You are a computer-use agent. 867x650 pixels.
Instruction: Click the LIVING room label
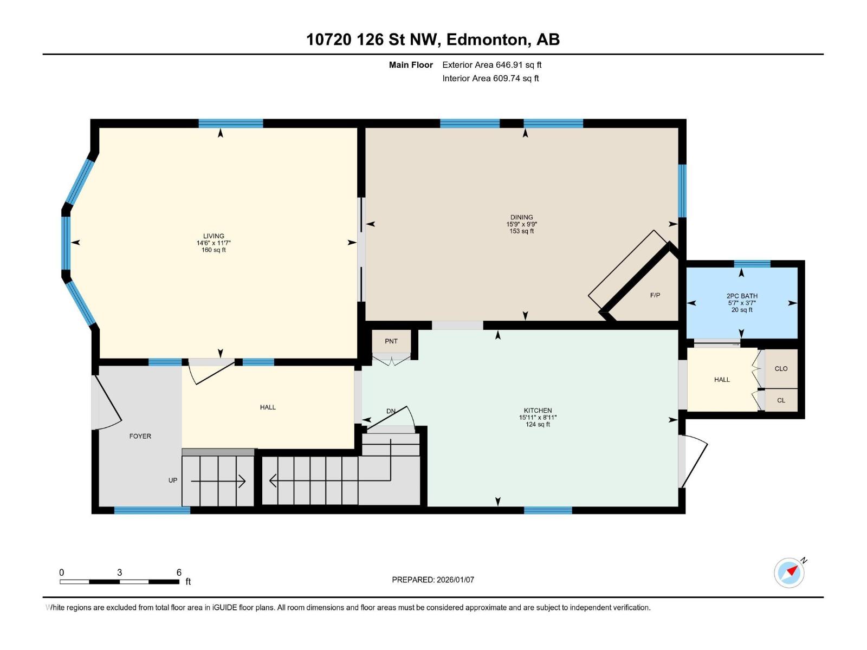tap(213, 236)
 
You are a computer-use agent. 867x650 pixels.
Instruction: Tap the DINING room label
tap(521, 217)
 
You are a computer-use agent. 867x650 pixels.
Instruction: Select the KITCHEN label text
tap(538, 411)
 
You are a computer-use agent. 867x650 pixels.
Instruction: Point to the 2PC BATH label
tap(742, 296)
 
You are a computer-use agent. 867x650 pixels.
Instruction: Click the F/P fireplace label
tap(655, 295)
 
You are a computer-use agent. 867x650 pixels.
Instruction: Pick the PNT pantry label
tap(391, 341)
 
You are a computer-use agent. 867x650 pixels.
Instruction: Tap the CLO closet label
tap(781, 369)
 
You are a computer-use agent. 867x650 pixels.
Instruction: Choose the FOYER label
tap(140, 436)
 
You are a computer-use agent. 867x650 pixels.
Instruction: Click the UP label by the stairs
tap(173, 480)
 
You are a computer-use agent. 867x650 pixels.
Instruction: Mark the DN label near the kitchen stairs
tap(391, 411)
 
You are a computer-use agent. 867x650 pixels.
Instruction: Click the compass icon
tap(789, 573)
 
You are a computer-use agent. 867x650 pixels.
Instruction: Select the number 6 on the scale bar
tap(179, 572)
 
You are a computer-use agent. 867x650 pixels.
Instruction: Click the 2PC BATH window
tap(752, 264)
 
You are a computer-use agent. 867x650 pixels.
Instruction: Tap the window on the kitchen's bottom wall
tap(548, 510)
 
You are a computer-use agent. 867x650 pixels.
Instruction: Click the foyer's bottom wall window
tap(152, 510)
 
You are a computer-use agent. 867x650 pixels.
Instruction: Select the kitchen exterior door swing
tap(694, 461)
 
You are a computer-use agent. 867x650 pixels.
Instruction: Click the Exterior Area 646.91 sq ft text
tap(492, 64)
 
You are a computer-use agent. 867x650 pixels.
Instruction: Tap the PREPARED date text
tap(433, 580)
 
